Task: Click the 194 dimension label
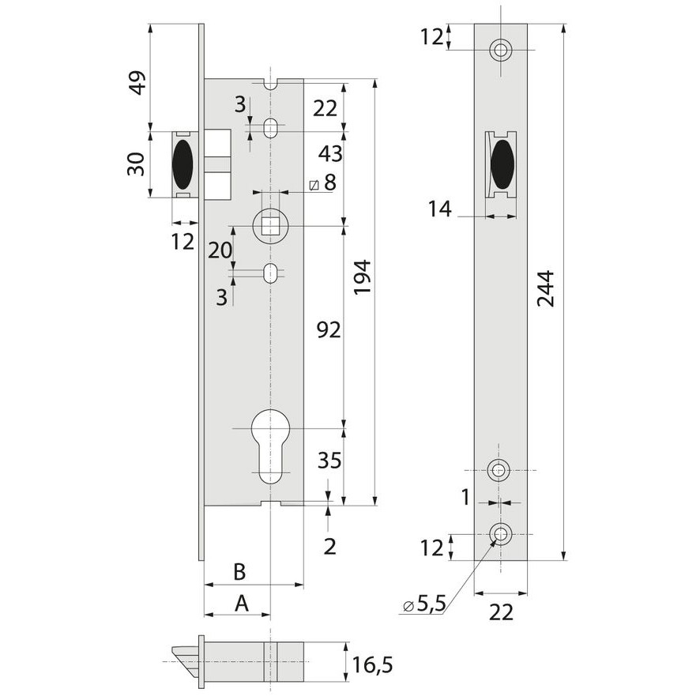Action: click(x=363, y=277)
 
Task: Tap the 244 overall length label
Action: click(x=545, y=288)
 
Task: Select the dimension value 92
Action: click(x=329, y=329)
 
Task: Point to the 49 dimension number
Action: click(x=138, y=83)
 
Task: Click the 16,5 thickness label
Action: click(x=372, y=665)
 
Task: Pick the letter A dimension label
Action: click(x=242, y=604)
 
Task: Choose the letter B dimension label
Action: click(x=239, y=571)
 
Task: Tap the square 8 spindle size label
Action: click(x=324, y=183)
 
